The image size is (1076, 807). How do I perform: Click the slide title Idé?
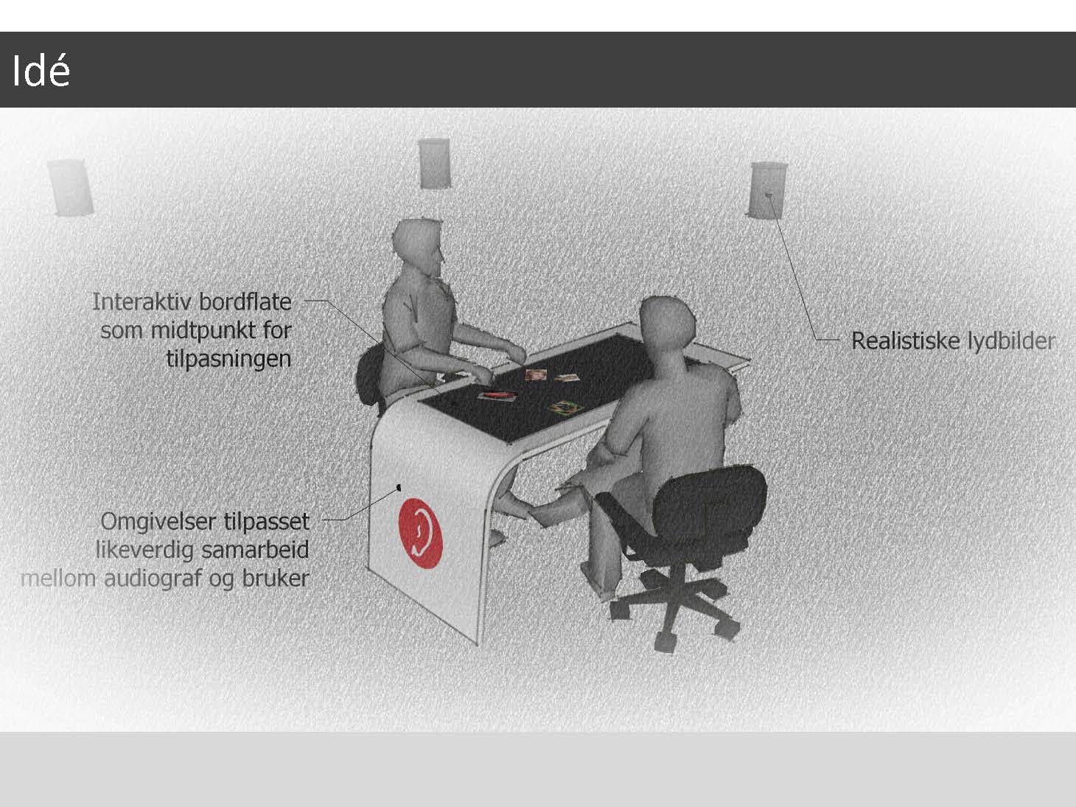pyautogui.click(x=41, y=71)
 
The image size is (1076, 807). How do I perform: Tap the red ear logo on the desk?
pyautogui.click(x=421, y=533)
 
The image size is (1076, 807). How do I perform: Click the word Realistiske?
pyautogui.click(x=905, y=341)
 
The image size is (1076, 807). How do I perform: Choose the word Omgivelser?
pyautogui.click(x=159, y=521)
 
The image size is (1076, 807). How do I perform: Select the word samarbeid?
pyautogui.click(x=255, y=550)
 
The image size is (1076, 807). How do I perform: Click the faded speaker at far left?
pyautogui.click(x=71, y=187)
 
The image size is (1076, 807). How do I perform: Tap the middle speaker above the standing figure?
pyautogui.click(x=434, y=163)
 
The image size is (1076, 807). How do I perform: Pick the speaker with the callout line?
pyautogui.click(x=769, y=190)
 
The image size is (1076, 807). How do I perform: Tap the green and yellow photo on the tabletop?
pyautogui.click(x=566, y=407)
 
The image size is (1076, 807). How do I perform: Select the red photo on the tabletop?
pyautogui.click(x=497, y=396)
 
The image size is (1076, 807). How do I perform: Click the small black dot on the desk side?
pyautogui.click(x=399, y=487)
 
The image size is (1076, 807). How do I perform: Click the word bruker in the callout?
pyautogui.click(x=276, y=579)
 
